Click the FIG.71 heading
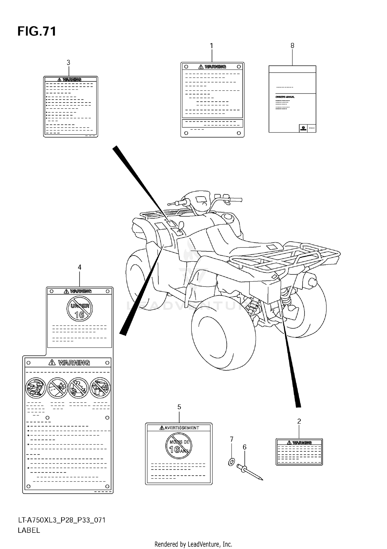(x=37, y=32)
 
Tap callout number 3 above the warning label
(x=68, y=63)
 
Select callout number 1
(x=211, y=46)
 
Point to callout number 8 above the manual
(x=292, y=46)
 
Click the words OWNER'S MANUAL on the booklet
(x=285, y=97)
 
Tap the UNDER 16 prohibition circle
(x=80, y=308)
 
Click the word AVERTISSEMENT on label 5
(x=182, y=428)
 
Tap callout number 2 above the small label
(x=299, y=421)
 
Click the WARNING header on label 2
(x=302, y=443)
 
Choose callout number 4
(x=79, y=267)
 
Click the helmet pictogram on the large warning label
(x=36, y=388)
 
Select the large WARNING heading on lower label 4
(x=74, y=363)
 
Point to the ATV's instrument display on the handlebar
(x=202, y=199)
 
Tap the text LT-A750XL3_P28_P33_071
(x=62, y=520)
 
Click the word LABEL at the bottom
(x=29, y=530)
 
